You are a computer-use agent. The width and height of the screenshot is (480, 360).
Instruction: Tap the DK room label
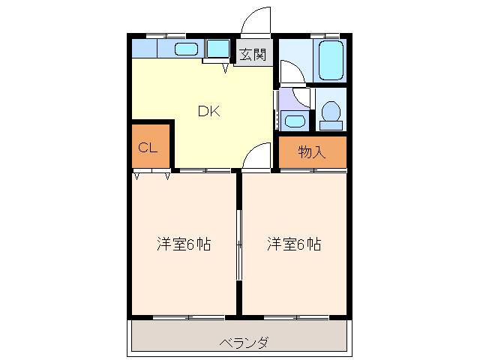tap(208, 111)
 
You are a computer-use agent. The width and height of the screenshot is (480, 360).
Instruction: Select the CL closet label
tap(148, 148)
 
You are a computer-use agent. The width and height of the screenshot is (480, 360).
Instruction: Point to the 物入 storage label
tap(312, 152)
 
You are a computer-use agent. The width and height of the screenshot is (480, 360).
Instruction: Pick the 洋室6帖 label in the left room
tap(184, 244)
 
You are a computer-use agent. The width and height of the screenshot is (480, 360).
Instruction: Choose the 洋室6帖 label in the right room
tap(294, 244)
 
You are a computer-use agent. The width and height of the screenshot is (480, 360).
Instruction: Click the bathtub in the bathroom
tap(330, 60)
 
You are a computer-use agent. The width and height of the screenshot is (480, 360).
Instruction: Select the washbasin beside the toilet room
tap(295, 121)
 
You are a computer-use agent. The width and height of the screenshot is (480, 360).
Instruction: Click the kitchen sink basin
tap(186, 49)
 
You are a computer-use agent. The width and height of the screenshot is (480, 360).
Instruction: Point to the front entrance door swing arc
tap(255, 21)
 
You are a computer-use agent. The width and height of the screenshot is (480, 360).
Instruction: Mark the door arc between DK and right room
tap(257, 156)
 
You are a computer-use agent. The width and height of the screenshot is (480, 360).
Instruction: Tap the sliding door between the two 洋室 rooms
tap(239, 244)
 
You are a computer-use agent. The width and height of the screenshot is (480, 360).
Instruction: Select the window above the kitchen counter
tap(165, 35)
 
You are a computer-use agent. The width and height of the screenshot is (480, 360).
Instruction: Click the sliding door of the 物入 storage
tap(313, 170)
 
